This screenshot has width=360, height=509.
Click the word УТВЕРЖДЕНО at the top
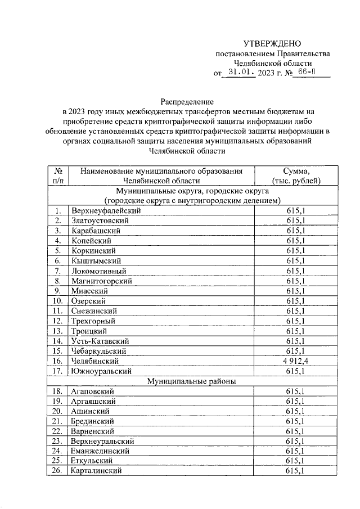(272, 44)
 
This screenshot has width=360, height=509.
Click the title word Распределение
(187, 102)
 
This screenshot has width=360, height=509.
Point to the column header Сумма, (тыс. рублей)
(296, 175)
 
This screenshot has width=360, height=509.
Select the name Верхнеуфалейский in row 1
(105, 210)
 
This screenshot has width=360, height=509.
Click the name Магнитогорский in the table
(101, 281)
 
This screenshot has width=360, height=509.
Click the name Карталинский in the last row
(97, 471)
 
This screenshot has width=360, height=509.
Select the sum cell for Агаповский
(296, 391)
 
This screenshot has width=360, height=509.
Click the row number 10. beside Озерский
(58, 301)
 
